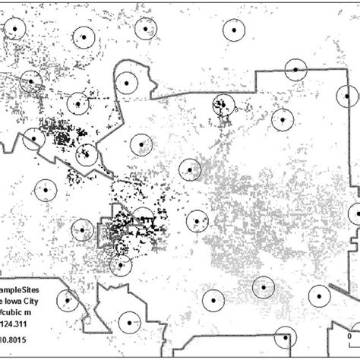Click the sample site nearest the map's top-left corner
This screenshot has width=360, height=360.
pos(14,30)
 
